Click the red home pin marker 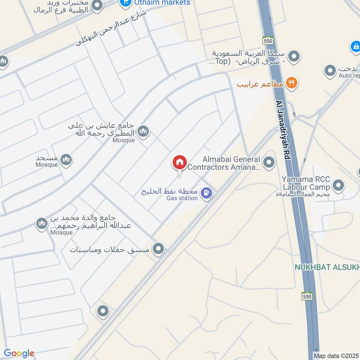(180, 162)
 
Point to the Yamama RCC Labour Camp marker (338, 185)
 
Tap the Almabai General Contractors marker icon (269, 162)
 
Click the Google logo (19, 353)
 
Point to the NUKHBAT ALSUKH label (327, 267)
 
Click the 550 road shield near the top (269, 40)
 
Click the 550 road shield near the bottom (307, 296)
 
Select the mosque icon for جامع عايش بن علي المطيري (143, 131)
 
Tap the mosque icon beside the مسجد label (66, 160)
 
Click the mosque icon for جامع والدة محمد (42, 224)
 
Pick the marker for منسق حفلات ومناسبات (158, 248)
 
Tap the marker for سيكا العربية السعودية (294, 57)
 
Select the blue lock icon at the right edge (355, 46)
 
